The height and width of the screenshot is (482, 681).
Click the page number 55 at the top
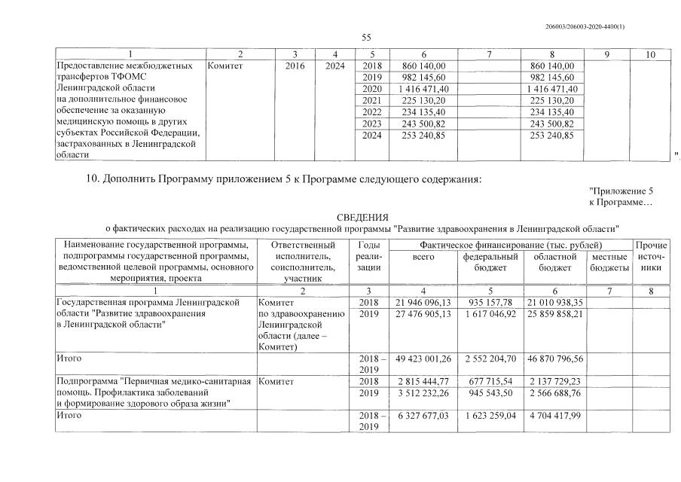[367, 37]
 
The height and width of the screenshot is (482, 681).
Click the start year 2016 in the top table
[296, 66]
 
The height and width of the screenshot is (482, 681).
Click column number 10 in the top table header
[650, 54]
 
